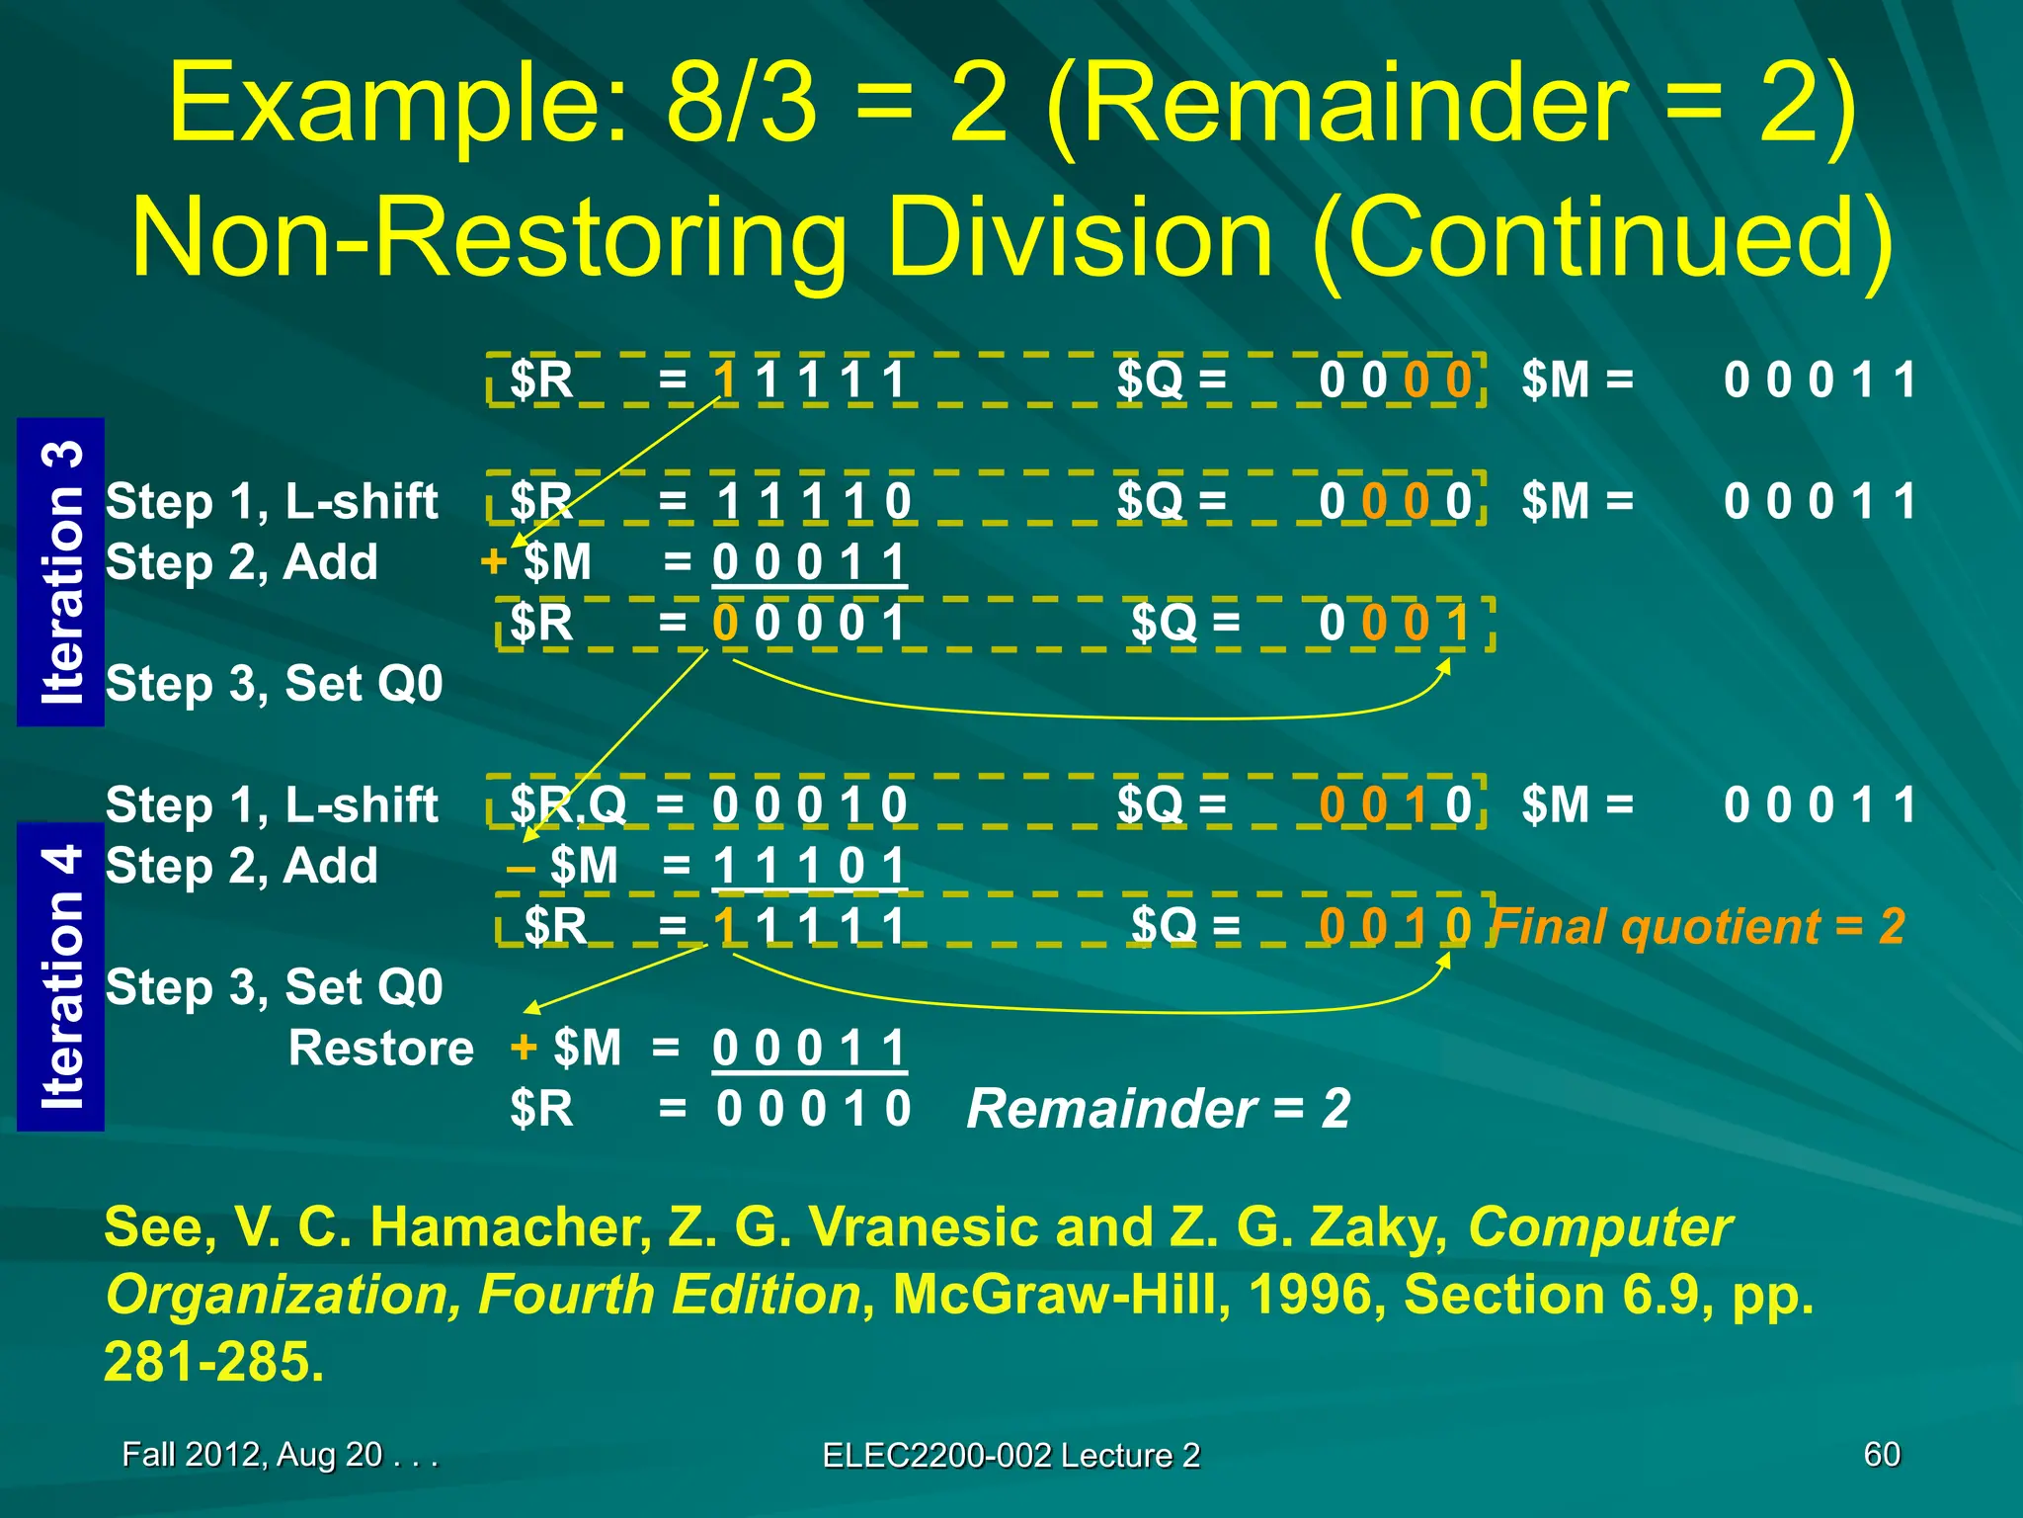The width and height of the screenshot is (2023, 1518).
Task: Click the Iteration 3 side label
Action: pos(61,573)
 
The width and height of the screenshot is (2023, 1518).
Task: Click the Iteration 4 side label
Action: pos(61,976)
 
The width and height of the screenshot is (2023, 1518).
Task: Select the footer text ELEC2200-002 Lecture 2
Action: pos(1011,1455)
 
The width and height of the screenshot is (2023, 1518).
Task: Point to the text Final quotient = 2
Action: pos(1698,927)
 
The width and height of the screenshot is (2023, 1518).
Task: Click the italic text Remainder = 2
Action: pos(1159,1108)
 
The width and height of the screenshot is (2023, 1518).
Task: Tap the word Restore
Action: pos(381,1048)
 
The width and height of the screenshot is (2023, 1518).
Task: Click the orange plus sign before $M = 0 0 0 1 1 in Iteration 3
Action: pos(493,561)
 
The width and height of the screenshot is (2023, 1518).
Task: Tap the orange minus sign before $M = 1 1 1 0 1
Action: pos(521,867)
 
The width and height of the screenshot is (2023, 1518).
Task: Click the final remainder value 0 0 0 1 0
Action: pos(813,1108)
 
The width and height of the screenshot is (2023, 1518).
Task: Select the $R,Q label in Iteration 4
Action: pos(568,804)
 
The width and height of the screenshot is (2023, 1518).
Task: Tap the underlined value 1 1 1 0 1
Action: pos(809,866)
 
